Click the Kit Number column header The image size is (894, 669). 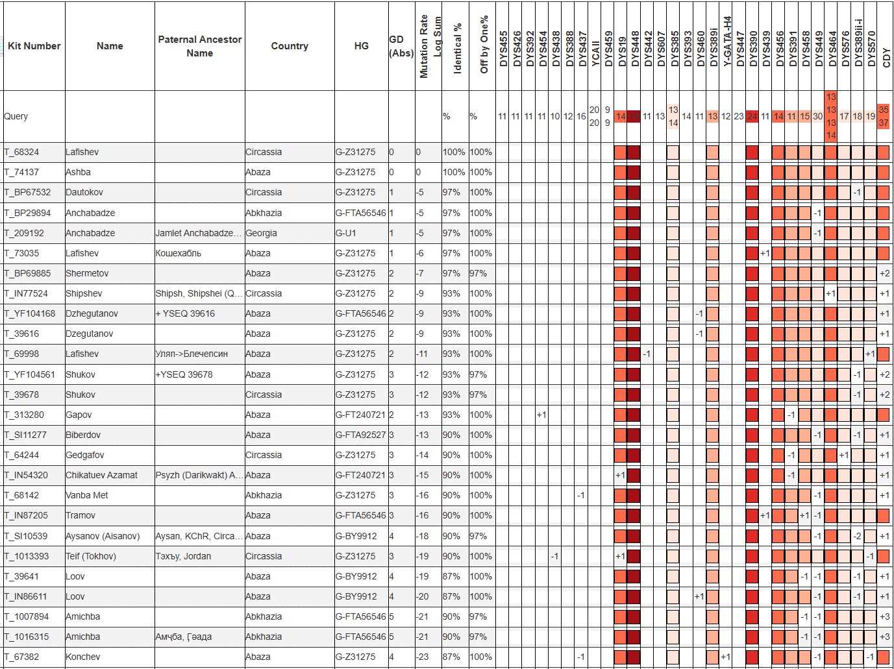point(34,46)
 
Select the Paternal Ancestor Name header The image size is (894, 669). point(199,46)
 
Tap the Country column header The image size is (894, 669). point(290,46)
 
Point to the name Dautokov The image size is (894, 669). point(84,192)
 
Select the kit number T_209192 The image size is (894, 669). point(24,233)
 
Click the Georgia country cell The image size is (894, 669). point(261,233)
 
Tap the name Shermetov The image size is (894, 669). point(87,273)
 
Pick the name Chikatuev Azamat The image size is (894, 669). point(101,475)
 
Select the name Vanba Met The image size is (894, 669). point(87,495)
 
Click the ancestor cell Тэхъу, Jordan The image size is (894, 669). point(183,556)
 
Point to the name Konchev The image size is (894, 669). point(83,657)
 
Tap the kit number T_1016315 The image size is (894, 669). point(27,637)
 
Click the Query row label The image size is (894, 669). point(16,116)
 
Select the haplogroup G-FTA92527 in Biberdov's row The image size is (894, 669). point(360,435)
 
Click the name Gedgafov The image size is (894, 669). point(85,455)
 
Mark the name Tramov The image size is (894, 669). point(81,515)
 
